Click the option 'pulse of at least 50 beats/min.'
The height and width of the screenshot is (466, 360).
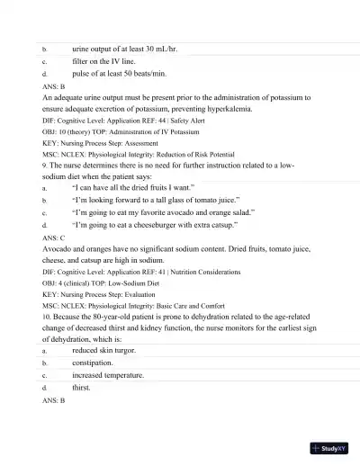[x=125, y=74]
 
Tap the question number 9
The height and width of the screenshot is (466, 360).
[x=46, y=166]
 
